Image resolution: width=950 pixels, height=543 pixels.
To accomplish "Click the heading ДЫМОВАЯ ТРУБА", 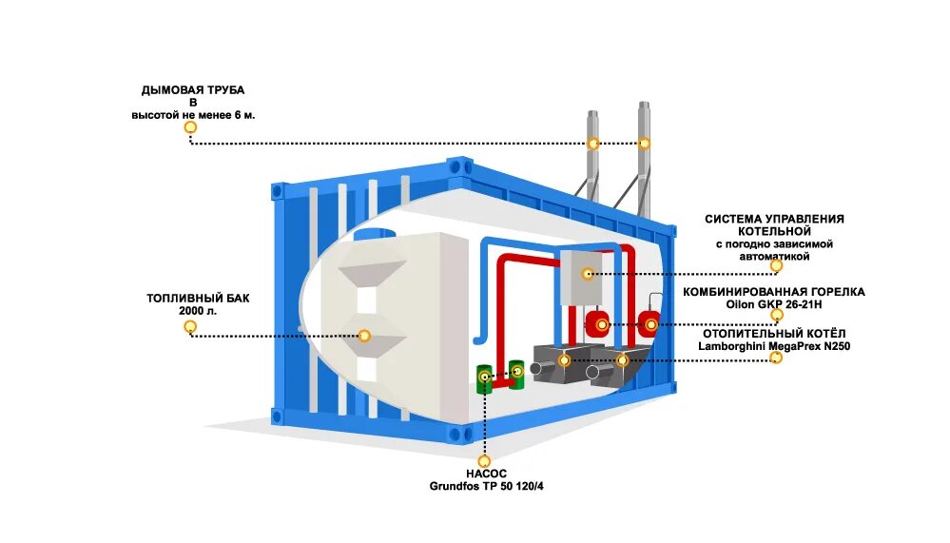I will [x=193, y=89].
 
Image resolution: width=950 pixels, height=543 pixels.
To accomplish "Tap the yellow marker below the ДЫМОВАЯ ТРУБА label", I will [x=190, y=126].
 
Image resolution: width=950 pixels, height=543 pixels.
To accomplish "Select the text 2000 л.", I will [x=198, y=311].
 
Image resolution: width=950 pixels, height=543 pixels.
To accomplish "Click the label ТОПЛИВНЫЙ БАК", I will [x=198, y=298].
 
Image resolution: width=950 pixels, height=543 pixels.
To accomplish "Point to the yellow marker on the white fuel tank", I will [x=364, y=335].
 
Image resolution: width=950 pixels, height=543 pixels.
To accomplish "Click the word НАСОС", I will [x=486, y=473].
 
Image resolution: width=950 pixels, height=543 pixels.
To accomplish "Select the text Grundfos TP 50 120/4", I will [x=486, y=486].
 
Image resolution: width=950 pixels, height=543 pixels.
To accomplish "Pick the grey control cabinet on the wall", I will [x=581, y=276].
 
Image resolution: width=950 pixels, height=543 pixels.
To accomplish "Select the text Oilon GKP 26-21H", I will [x=774, y=305].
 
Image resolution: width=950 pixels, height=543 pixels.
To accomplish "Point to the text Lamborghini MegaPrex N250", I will [x=774, y=346].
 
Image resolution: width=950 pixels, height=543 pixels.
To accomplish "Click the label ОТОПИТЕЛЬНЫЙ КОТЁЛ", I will [x=774, y=333].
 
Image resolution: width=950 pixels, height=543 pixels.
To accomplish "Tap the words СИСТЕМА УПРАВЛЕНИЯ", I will [x=774, y=219].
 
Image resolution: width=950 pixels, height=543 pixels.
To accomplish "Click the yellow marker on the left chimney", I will [x=593, y=144].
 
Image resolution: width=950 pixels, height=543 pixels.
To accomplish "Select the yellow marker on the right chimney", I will [x=645, y=144].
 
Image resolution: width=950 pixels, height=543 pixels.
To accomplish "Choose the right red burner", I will [x=650, y=323].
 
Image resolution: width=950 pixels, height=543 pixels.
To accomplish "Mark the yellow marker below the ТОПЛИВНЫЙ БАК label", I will [x=190, y=327].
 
